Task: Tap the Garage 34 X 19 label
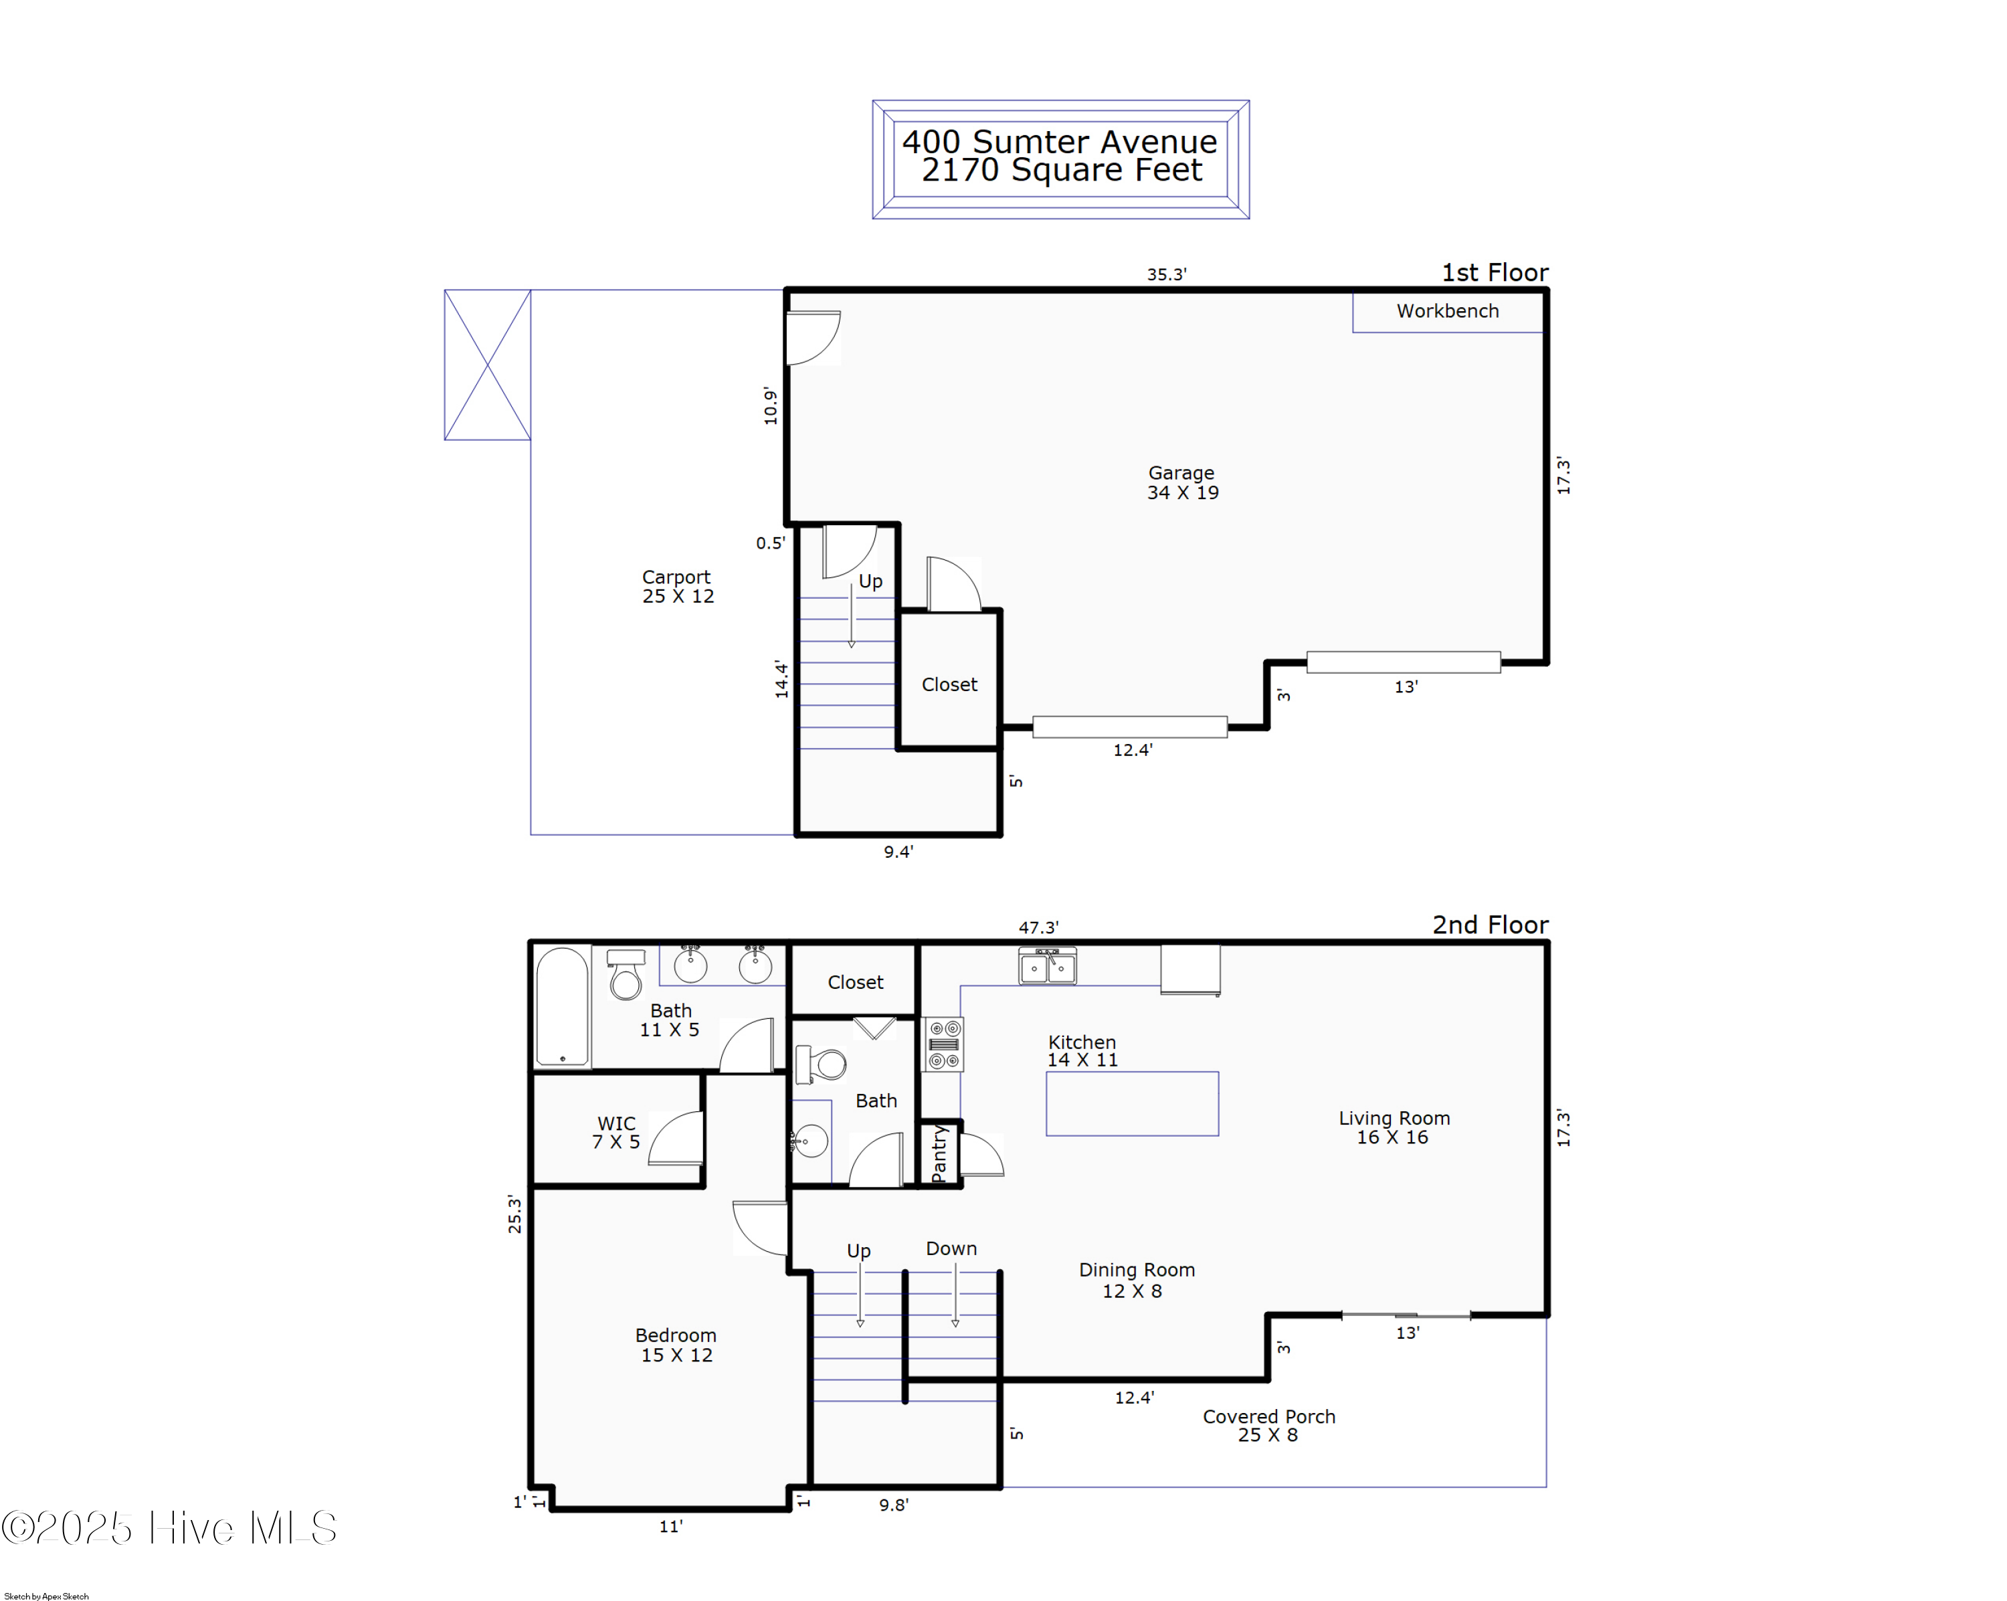pyautogui.click(x=1182, y=482)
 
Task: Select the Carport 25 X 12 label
pyautogui.click(x=678, y=587)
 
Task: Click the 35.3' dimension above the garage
pyautogui.click(x=1167, y=274)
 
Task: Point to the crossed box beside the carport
pyautogui.click(x=487, y=365)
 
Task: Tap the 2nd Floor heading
pyautogui.click(x=1491, y=925)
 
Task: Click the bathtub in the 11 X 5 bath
pyautogui.click(x=562, y=1006)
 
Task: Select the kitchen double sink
pyautogui.click(x=1047, y=966)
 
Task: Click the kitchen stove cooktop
pyautogui.click(x=944, y=1044)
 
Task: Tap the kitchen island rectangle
pyautogui.click(x=1132, y=1103)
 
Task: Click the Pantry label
pyautogui.click(x=939, y=1153)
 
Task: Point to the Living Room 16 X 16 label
pyautogui.click(x=1394, y=1127)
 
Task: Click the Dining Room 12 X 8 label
pyautogui.click(x=1136, y=1280)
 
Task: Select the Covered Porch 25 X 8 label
pyautogui.click(x=1269, y=1425)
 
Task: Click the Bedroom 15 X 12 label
pyautogui.click(x=676, y=1345)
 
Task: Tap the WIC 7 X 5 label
pyautogui.click(x=616, y=1132)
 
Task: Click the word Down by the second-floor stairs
pyautogui.click(x=951, y=1248)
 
